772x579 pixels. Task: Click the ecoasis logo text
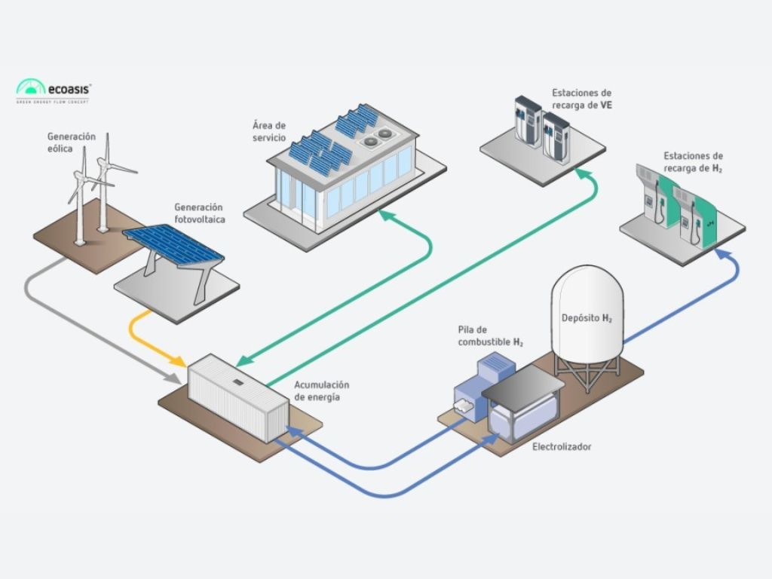tap(69, 87)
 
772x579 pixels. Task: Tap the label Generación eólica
tap(72, 142)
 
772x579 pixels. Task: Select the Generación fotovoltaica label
tap(200, 213)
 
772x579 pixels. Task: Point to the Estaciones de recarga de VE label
tap(581, 99)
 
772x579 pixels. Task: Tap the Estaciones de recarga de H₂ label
tap(693, 161)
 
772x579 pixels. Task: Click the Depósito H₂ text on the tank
tap(587, 318)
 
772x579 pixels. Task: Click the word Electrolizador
tap(562, 447)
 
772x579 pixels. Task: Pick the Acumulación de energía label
tap(322, 391)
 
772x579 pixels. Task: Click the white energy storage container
tap(237, 397)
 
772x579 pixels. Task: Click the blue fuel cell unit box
tap(494, 369)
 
